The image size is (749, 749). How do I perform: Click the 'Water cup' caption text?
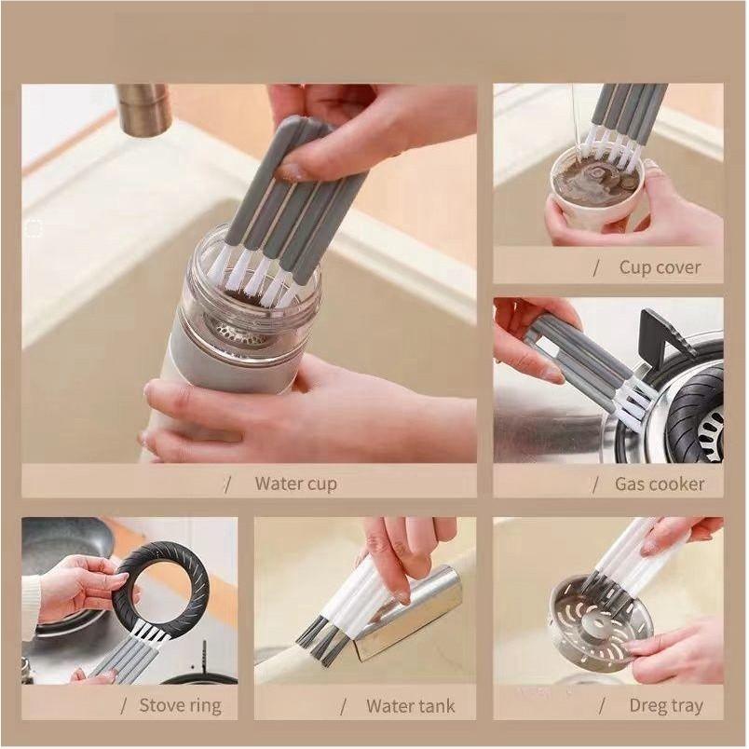click(295, 483)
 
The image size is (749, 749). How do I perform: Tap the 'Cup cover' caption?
click(660, 267)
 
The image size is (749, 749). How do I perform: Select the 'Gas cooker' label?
click(660, 483)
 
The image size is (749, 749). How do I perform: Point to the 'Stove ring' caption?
click(181, 704)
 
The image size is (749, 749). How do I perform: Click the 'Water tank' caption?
click(411, 704)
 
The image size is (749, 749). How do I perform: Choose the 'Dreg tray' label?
click(665, 704)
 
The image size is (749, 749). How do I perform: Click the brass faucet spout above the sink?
click(143, 109)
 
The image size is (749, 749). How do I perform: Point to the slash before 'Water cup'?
click(227, 483)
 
